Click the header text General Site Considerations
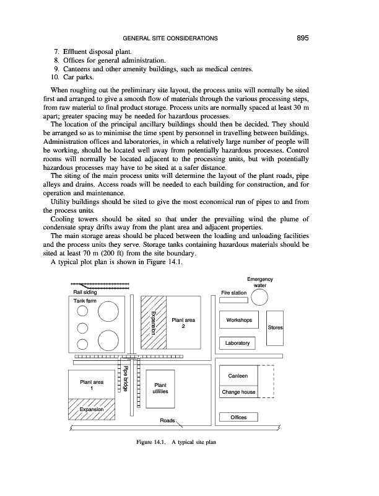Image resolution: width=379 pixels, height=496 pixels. click(x=170, y=38)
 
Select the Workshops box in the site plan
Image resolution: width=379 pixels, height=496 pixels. click(x=238, y=321)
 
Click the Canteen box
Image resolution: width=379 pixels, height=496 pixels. click(x=238, y=376)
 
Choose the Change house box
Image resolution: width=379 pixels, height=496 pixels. click(x=238, y=392)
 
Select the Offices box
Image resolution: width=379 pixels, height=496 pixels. click(x=238, y=417)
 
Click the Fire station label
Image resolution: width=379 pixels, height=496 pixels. click(x=234, y=293)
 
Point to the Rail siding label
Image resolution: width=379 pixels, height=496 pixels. click(x=85, y=292)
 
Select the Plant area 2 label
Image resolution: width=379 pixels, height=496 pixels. click(x=183, y=324)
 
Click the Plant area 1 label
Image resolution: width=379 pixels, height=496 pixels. click(x=92, y=386)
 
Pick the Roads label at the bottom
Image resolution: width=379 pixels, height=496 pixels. click(x=168, y=420)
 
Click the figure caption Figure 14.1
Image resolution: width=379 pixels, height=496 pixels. click(x=176, y=442)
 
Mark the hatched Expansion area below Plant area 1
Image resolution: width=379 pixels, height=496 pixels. click(x=91, y=410)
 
